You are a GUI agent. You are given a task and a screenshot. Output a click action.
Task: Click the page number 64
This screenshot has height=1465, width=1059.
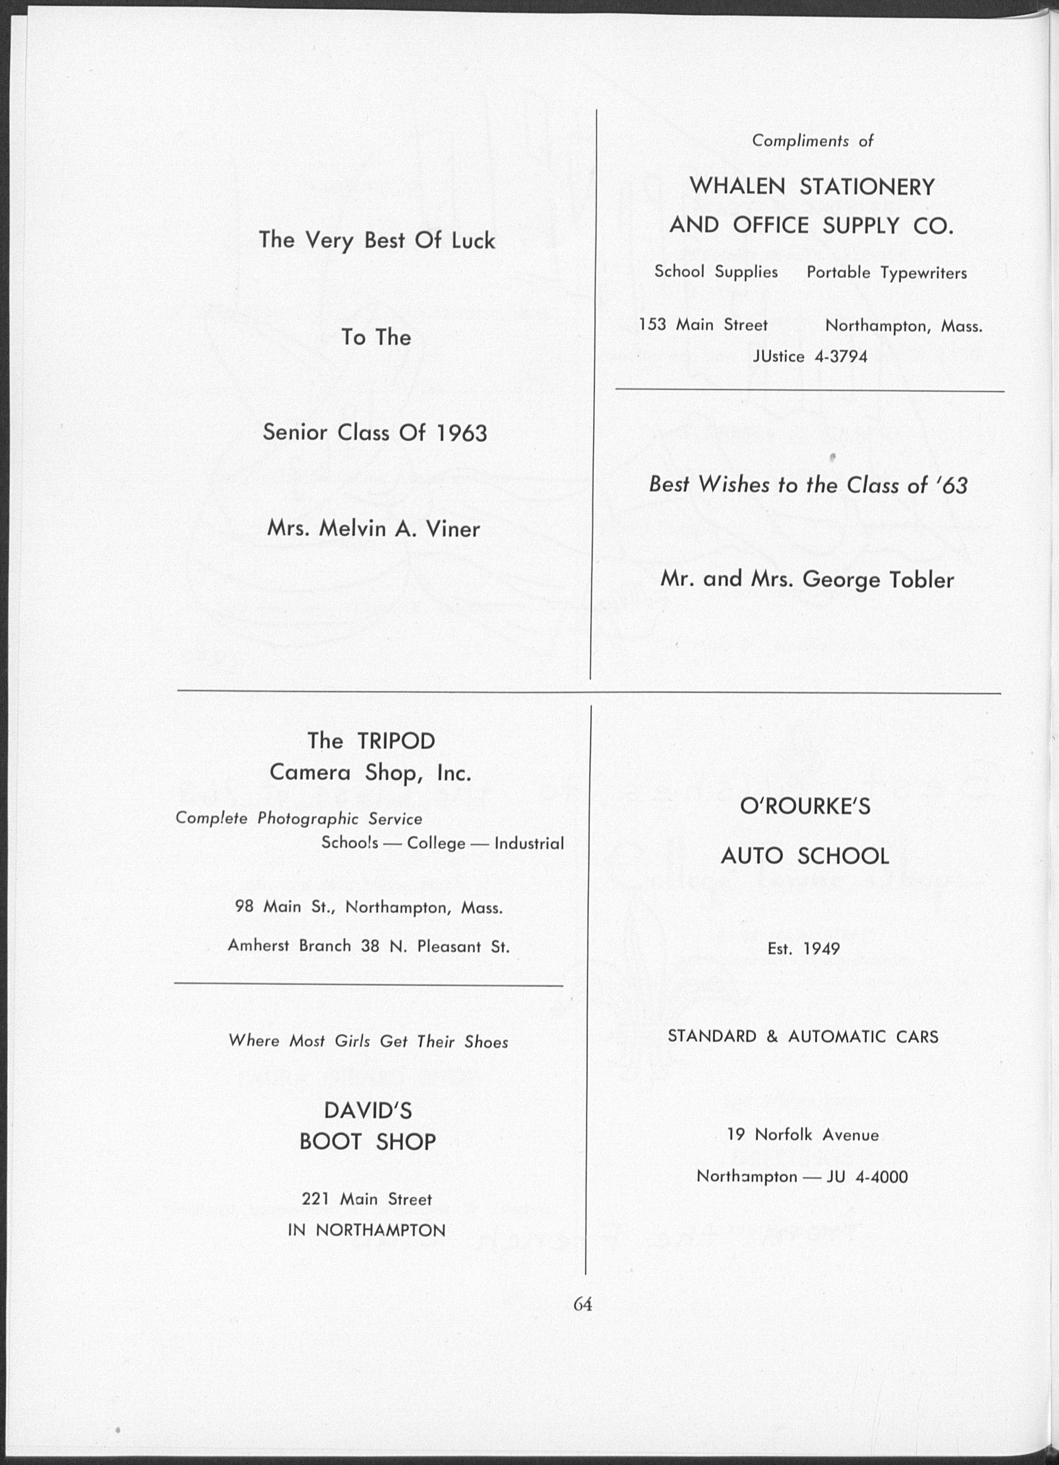583,1304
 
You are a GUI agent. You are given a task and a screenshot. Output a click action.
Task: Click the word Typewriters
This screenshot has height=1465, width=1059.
924,273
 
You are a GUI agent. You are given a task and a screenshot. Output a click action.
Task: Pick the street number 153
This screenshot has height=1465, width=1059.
652,324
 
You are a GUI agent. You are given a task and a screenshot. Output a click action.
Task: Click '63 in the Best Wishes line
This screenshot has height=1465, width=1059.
951,485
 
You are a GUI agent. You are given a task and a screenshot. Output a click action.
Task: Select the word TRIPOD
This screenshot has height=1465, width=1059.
396,741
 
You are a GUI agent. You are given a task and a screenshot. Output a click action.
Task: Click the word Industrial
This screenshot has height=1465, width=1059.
529,843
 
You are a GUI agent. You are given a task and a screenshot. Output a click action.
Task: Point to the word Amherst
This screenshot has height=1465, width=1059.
257,946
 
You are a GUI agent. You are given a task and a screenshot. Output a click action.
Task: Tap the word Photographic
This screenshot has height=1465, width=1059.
308,819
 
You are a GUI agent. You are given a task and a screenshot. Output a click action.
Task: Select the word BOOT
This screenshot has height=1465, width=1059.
330,1142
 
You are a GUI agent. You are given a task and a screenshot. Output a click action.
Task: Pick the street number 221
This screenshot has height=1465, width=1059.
316,1200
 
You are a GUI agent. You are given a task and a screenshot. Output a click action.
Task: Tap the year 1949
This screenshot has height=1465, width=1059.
822,949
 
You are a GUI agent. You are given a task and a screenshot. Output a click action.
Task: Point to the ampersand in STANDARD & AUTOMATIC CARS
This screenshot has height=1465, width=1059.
772,1037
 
